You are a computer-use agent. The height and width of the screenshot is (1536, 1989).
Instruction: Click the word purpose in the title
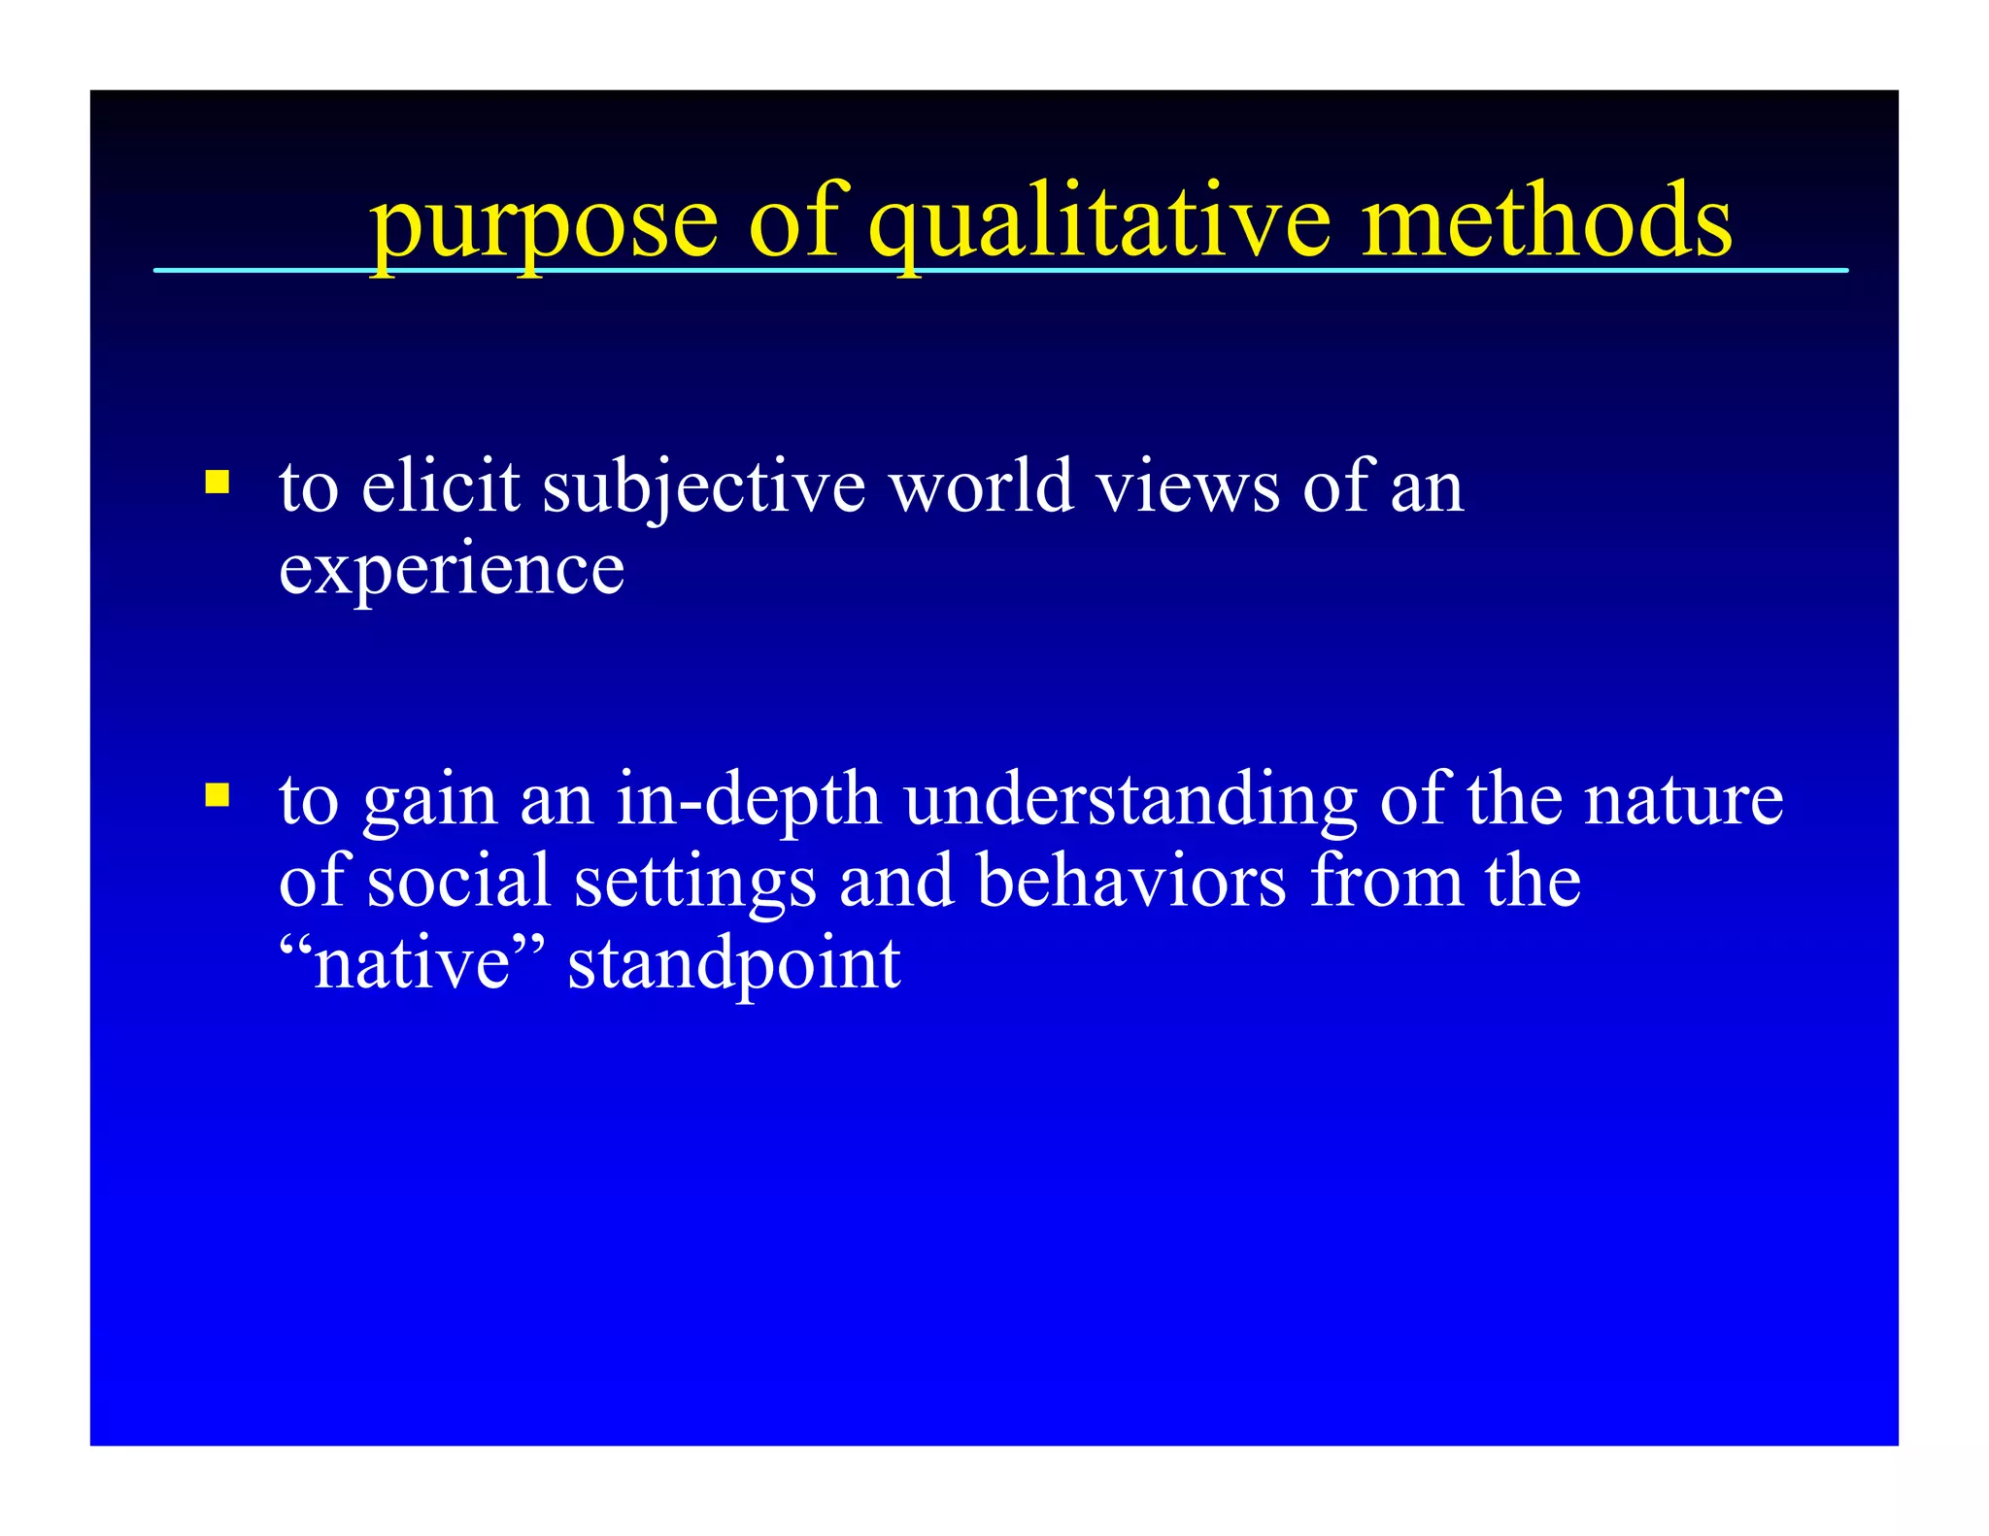(x=544, y=225)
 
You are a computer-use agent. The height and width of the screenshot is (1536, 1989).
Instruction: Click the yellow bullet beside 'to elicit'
(x=218, y=483)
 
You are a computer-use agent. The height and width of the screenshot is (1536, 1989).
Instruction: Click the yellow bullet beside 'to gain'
(x=218, y=795)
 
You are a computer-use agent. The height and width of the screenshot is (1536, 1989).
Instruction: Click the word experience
(x=452, y=571)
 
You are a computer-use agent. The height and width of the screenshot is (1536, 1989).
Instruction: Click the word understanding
(x=1130, y=802)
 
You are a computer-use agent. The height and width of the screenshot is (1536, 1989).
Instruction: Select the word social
(x=458, y=882)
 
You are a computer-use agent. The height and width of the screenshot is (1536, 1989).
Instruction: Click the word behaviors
(x=1131, y=882)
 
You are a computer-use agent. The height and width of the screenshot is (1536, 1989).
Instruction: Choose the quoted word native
(x=413, y=964)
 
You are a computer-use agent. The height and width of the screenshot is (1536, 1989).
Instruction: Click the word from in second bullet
(x=1386, y=882)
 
